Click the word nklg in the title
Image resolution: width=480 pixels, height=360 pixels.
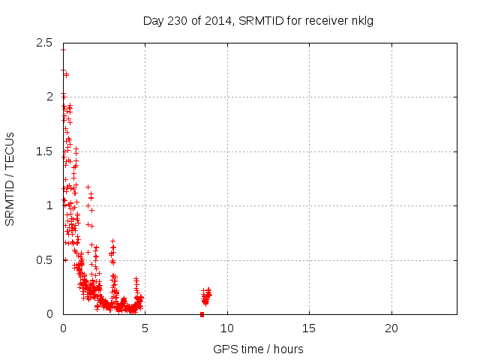(x=361, y=20)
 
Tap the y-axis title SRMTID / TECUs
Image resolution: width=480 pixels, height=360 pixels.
(x=10, y=178)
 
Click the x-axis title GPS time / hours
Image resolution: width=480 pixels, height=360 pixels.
(x=259, y=349)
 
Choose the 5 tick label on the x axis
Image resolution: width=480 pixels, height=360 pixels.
(x=145, y=328)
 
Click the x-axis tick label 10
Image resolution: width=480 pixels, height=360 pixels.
(x=227, y=328)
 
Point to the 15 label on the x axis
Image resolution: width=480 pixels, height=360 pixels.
(x=309, y=328)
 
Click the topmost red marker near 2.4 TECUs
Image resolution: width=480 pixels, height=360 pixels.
(x=63, y=49)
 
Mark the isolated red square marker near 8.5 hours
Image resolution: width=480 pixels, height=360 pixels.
(x=202, y=314)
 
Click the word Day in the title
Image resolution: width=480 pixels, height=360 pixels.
(x=153, y=20)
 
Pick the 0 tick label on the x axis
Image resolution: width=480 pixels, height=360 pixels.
(x=64, y=328)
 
